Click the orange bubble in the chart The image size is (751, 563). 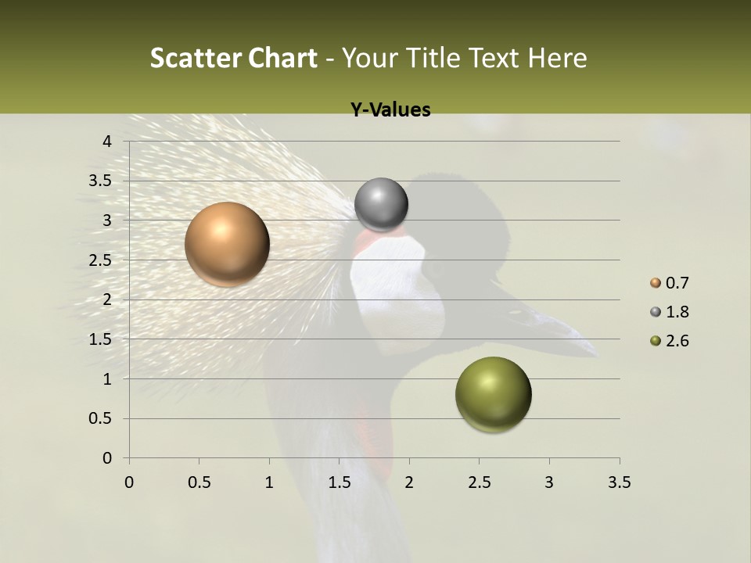pos(227,244)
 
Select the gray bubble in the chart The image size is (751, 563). pos(381,205)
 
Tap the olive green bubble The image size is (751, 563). pos(493,394)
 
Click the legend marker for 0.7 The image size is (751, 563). pos(656,283)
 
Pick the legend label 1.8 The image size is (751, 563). pos(677,312)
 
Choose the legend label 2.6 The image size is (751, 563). pos(677,341)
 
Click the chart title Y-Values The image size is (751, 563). pos(390,110)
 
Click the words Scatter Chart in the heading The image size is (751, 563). pos(233,58)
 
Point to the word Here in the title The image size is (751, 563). pos(557,58)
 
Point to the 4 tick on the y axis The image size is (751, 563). pos(107,142)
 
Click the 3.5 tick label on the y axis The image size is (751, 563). pos(101,181)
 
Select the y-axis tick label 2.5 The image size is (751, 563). pos(101,260)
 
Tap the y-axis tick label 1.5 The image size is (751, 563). pos(101,339)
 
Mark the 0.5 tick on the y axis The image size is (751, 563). pos(101,418)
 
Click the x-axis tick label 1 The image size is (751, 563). pos(269,482)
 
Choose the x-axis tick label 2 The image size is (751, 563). pos(409,482)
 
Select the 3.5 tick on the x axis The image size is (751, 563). pos(619,482)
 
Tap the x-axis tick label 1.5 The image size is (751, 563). pos(339,482)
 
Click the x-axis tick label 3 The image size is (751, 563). pos(549,482)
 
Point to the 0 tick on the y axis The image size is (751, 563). pos(107,458)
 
